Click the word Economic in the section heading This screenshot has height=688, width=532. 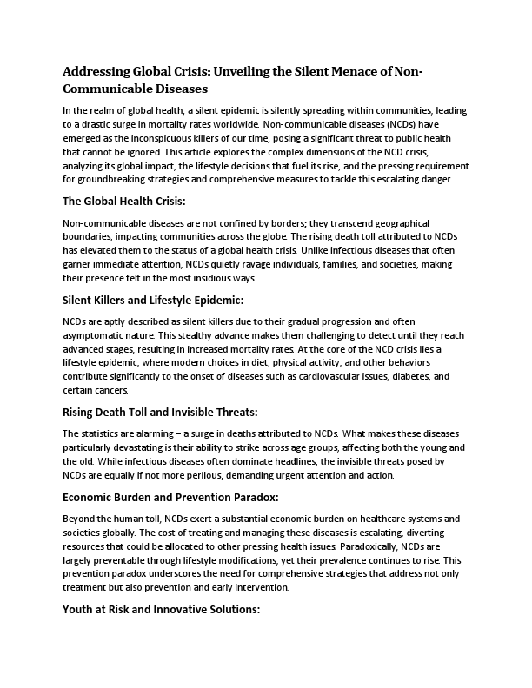(92, 497)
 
